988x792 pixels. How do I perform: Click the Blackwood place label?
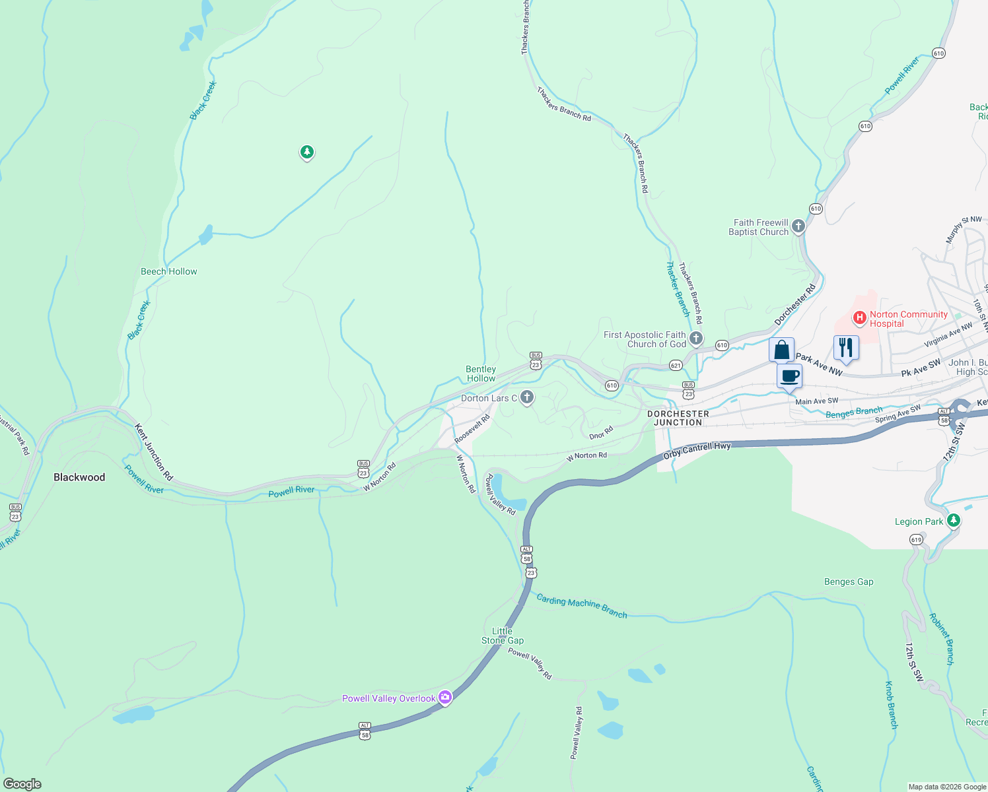[79, 477]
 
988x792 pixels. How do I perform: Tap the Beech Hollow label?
[168, 271]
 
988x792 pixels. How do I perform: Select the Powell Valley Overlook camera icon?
[445, 698]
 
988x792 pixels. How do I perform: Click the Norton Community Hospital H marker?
[860, 319]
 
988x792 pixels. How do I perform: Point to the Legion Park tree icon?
[953, 521]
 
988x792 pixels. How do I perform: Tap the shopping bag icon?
[781, 350]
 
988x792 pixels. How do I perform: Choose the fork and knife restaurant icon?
[846, 347]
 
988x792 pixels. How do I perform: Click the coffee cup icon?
[790, 377]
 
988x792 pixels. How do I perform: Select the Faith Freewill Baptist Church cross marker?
[798, 227]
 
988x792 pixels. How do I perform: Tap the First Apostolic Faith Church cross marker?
[695, 339]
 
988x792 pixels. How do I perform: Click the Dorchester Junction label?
[678, 418]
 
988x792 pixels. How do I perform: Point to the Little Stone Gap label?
[503, 636]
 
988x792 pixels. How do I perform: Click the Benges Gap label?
[849, 581]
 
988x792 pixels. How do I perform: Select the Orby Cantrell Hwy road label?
[697, 451]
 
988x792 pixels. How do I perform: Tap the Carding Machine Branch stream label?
[581, 605]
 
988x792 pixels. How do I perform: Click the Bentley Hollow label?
[481, 374]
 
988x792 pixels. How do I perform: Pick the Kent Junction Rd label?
[153, 452]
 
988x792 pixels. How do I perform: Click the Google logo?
[22, 784]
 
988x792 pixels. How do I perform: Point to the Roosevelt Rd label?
[472, 429]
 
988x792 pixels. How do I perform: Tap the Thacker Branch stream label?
[678, 289]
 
